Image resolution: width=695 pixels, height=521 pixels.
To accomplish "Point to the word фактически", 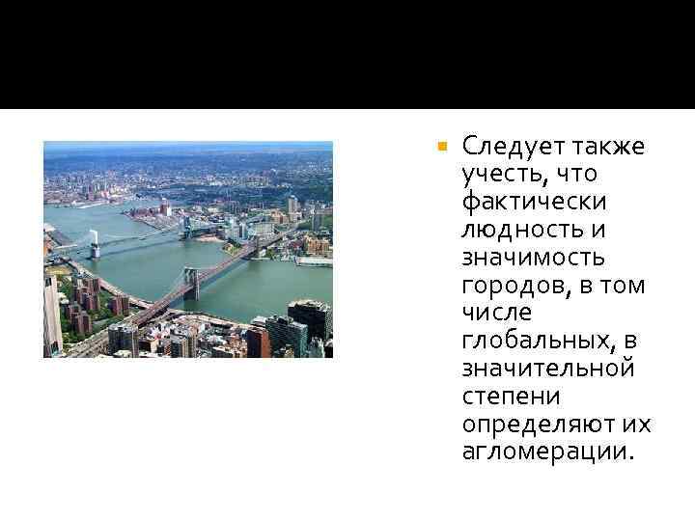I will pos(534,203).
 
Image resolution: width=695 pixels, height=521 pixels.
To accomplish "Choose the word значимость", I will pos(534,259).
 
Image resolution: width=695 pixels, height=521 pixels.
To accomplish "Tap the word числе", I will pos(491,315).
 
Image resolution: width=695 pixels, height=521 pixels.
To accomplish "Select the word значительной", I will pos(548,370).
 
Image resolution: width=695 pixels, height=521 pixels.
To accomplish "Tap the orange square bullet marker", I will pos(441,149).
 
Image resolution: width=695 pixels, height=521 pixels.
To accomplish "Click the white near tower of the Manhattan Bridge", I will pos(95,244).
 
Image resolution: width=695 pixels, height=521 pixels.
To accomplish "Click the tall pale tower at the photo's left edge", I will pos(51,314).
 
